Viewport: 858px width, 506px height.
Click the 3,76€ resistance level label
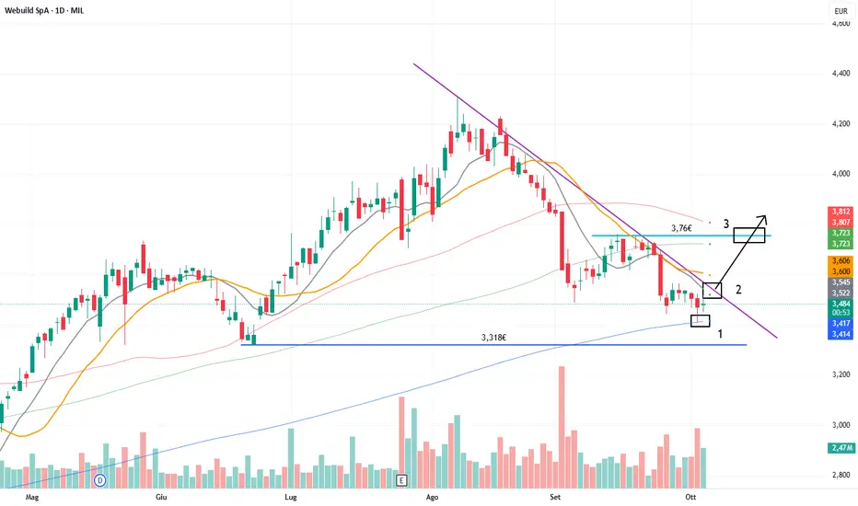[682, 228]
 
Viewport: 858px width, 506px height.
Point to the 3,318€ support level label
[493, 338]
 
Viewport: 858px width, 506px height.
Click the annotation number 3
[725, 224]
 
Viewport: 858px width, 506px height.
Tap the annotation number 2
[738, 289]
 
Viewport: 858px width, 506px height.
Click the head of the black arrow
[763, 216]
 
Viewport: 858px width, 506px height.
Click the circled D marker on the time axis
[100, 480]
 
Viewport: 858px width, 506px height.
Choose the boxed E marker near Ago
[401, 480]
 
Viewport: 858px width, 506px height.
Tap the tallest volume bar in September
[561, 427]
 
